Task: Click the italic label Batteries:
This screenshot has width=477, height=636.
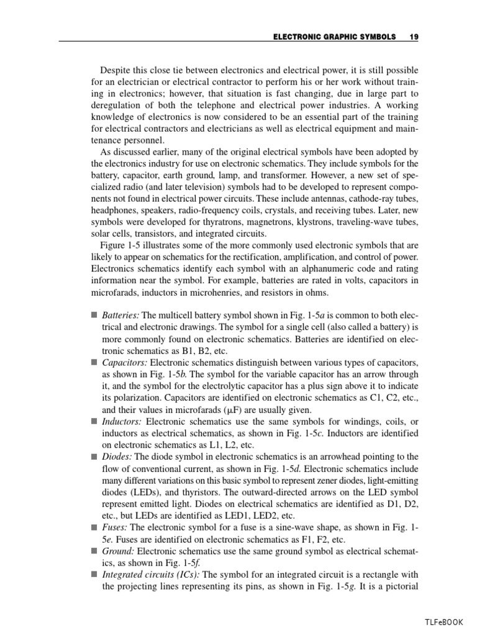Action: pyautogui.click(x=120, y=316)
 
